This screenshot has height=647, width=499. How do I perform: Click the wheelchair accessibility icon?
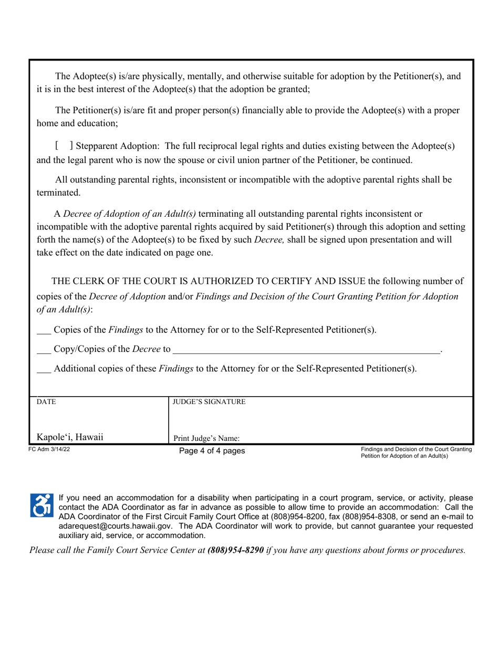point(42,504)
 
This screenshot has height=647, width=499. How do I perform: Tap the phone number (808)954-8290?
point(236,550)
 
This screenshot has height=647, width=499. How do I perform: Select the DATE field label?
point(46,402)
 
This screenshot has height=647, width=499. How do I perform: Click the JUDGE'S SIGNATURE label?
point(209,402)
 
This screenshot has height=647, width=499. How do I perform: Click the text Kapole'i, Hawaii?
point(69,437)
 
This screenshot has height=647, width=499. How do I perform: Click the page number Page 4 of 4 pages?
point(212,451)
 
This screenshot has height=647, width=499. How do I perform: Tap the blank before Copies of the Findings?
point(44,332)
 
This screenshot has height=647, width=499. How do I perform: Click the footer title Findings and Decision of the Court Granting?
point(416,449)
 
